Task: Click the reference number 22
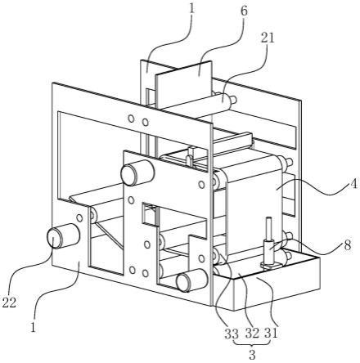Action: pos(10,302)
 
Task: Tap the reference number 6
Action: pos(244,11)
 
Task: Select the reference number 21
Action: pos(268,38)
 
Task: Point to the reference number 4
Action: pos(353,185)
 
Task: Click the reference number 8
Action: pos(347,245)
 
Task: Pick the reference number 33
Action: pos(232,334)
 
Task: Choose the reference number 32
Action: pos(252,334)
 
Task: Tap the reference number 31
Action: pos(271,334)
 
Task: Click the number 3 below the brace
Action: pos(252,355)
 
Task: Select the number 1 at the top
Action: pos(191,9)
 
